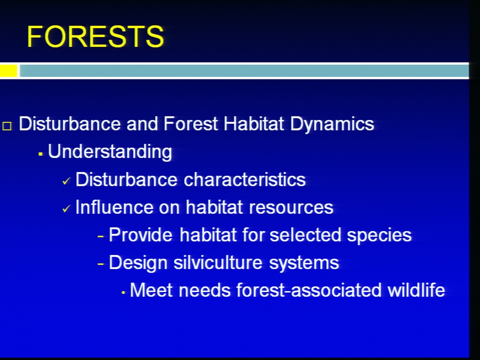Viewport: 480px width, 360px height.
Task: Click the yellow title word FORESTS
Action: tap(95, 36)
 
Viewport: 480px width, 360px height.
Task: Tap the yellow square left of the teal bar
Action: tap(8, 70)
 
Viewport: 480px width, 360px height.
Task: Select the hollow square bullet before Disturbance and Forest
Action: tap(7, 126)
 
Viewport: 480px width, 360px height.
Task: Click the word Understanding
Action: tap(110, 152)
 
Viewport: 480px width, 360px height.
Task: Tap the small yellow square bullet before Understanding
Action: tap(40, 154)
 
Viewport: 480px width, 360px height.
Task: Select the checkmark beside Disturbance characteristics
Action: tap(66, 181)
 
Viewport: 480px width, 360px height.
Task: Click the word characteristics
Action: tap(244, 179)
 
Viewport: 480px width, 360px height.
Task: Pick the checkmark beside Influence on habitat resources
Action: tap(66, 209)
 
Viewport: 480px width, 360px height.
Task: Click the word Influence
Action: tap(114, 207)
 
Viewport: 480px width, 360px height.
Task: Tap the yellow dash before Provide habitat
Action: tap(100, 236)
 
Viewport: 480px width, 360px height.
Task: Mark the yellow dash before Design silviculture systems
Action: tap(100, 264)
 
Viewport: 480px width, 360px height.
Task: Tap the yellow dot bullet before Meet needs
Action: tap(123, 292)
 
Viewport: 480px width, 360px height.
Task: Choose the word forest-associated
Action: tap(309, 290)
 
